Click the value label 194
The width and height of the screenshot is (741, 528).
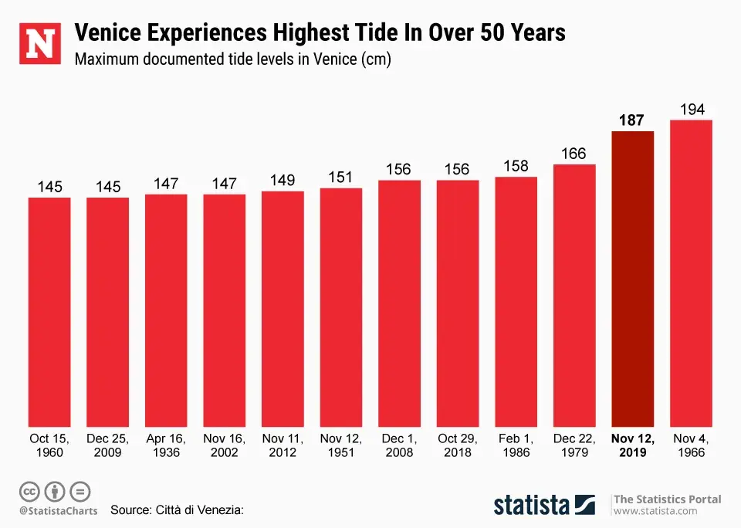pyautogui.click(x=692, y=110)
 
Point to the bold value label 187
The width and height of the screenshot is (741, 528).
pyautogui.click(x=631, y=120)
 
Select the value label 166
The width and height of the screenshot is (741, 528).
pyautogui.click(x=574, y=154)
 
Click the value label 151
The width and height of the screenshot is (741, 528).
pyautogui.click(x=340, y=178)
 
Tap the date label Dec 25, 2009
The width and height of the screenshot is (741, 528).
pyautogui.click(x=108, y=445)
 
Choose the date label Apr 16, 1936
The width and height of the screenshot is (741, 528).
pyautogui.click(x=166, y=445)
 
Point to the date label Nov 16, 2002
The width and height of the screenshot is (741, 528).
pyautogui.click(x=225, y=445)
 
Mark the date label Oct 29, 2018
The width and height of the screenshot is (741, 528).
pyautogui.click(x=457, y=445)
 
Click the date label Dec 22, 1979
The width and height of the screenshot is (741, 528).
pyautogui.click(x=574, y=445)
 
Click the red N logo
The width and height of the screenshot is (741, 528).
pyautogui.click(x=40, y=44)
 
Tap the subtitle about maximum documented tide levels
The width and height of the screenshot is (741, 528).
pyautogui.click(x=232, y=60)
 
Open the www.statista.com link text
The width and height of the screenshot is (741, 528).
pyautogui.click(x=655, y=511)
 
